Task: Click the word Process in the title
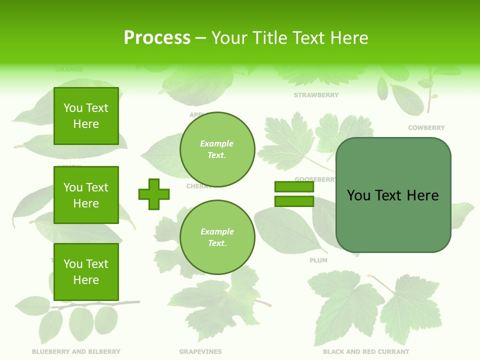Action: (157, 38)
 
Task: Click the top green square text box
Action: (86, 116)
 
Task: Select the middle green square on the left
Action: (86, 195)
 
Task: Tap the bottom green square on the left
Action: (86, 272)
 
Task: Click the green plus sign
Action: (154, 194)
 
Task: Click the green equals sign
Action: (294, 194)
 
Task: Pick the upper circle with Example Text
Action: (217, 149)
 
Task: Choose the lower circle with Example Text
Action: (217, 237)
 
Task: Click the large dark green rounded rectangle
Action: (393, 195)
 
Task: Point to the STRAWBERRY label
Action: (316, 95)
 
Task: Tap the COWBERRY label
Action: (426, 128)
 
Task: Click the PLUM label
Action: (318, 260)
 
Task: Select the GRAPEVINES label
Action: (200, 352)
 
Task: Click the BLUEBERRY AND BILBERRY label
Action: (76, 352)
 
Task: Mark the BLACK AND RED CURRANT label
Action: (366, 352)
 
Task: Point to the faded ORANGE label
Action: (69, 69)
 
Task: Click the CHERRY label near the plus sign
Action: (198, 186)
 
